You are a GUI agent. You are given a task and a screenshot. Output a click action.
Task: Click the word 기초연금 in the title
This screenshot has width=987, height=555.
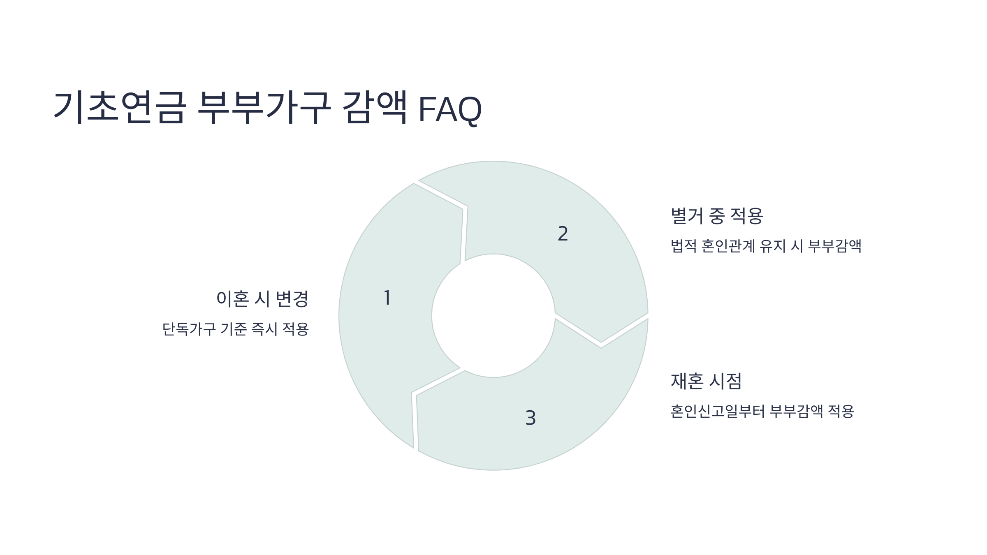[x=119, y=108]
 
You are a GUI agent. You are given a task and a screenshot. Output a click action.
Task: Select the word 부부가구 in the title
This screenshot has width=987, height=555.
[x=264, y=108]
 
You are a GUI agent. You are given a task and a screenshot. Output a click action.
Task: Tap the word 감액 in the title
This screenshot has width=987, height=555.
[x=375, y=108]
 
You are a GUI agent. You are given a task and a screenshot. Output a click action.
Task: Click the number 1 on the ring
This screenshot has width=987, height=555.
[x=387, y=298]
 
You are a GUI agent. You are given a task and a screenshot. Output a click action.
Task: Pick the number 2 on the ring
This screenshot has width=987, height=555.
[x=563, y=234]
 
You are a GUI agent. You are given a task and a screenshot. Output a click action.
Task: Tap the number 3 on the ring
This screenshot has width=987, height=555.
[x=531, y=418]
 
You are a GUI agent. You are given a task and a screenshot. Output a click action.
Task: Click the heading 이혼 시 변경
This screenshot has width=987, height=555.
[x=262, y=299]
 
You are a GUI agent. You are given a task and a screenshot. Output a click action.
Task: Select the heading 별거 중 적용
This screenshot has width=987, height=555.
[x=717, y=216]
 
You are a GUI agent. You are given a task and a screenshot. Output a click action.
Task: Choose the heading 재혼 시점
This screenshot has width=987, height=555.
[x=706, y=381]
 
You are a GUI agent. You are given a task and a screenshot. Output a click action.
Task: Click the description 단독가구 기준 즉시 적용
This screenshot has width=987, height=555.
[x=235, y=329]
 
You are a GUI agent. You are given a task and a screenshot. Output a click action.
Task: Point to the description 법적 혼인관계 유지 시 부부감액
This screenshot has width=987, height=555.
[x=766, y=246]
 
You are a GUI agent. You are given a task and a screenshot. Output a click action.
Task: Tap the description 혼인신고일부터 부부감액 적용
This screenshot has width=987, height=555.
[x=762, y=411]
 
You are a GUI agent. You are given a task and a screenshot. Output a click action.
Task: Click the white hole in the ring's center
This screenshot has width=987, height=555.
[x=493, y=316]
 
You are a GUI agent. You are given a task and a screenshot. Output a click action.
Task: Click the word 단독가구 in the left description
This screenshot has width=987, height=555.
[x=189, y=329]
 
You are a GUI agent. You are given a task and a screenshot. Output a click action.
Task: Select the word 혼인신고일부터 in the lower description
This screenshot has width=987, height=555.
[x=717, y=411]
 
